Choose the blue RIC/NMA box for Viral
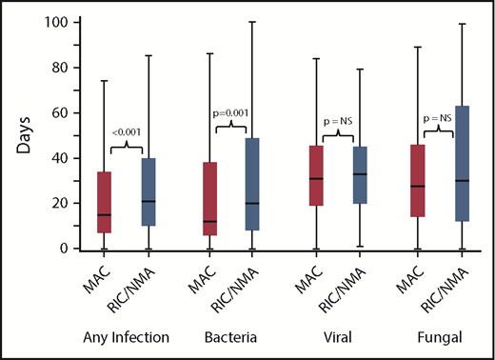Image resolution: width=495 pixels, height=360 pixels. pos(359,174)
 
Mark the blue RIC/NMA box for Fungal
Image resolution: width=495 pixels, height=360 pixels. pos(459,163)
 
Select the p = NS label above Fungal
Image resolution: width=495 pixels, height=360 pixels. pos(437,119)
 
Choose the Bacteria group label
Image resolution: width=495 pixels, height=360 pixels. pos(232,336)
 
